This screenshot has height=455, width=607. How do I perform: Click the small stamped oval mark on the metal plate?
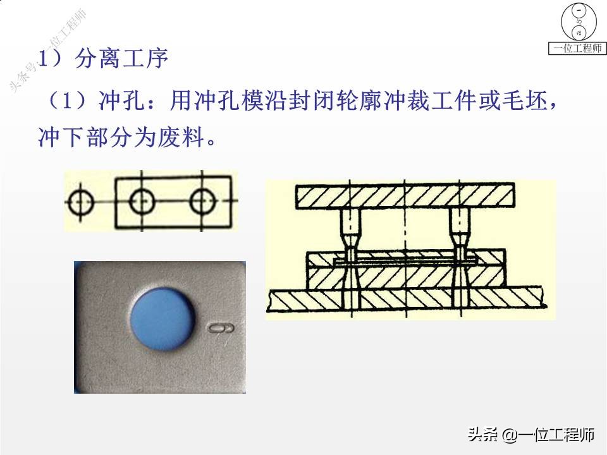[221, 328]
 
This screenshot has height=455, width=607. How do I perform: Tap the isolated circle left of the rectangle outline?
[80, 202]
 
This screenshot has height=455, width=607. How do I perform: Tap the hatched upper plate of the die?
[405, 196]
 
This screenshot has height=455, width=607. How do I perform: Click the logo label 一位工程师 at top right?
[577, 49]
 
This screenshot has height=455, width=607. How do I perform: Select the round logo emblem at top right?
[577, 22]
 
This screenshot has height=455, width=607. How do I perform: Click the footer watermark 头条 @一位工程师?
[531, 434]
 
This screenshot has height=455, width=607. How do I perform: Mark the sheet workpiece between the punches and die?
[405, 260]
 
